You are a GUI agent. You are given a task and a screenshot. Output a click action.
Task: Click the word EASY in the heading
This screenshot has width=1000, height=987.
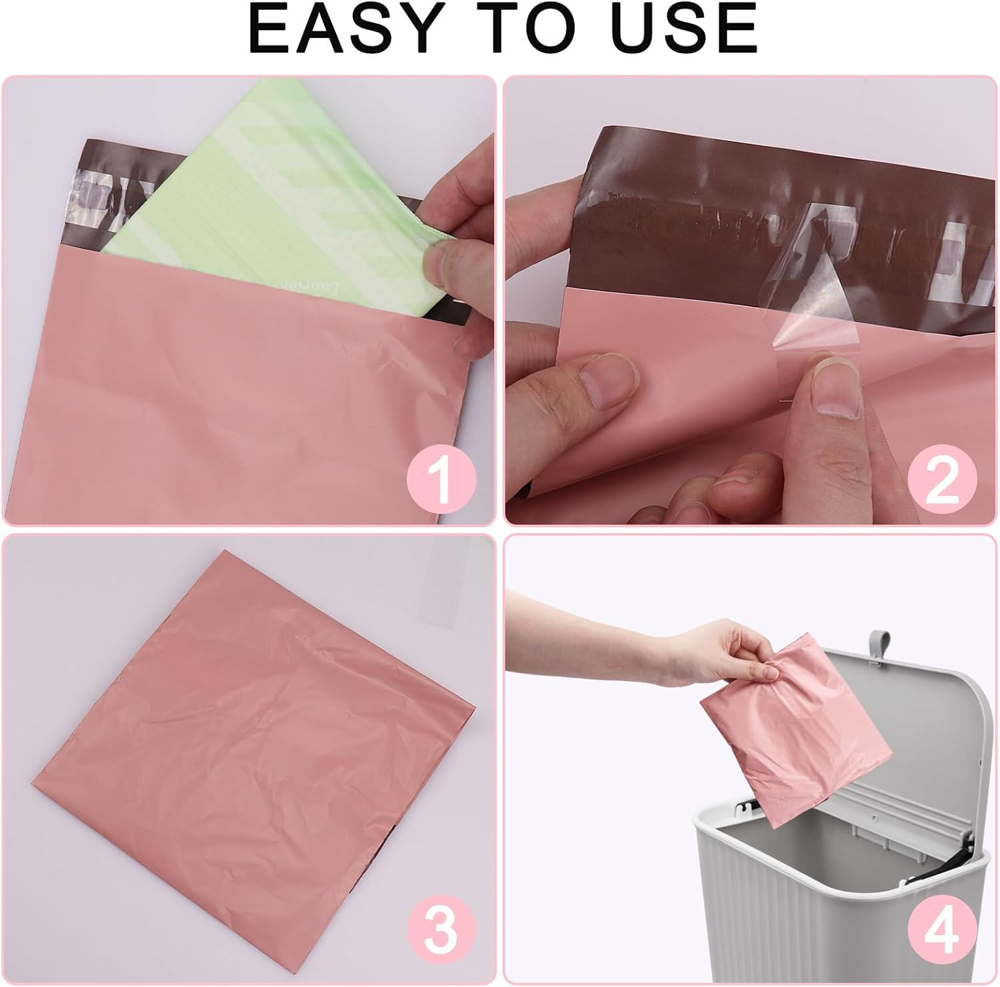(x=345, y=30)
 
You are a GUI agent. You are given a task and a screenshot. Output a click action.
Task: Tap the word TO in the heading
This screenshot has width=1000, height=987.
(x=523, y=30)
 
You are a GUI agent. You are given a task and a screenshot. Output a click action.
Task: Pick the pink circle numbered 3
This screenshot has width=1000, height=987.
(x=441, y=929)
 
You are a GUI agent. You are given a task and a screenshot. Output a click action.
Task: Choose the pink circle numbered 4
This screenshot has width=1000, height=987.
(x=941, y=929)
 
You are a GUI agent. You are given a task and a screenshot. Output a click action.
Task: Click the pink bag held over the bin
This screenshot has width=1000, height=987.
(x=793, y=733)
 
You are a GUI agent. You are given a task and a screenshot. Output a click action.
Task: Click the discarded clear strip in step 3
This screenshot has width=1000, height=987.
(x=453, y=573)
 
